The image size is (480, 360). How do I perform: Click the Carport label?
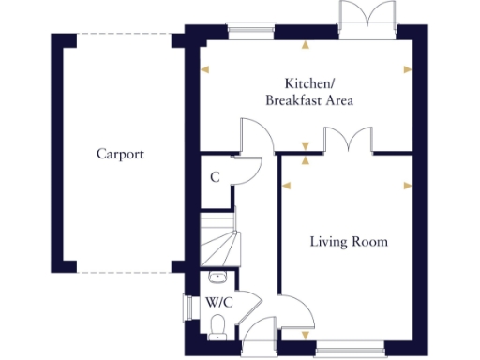pos(120,154)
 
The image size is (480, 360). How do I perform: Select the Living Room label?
pos(349,242)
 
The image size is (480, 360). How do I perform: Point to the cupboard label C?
pos(215,177)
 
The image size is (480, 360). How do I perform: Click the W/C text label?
pos(219,303)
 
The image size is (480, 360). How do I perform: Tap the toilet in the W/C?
pos(218,325)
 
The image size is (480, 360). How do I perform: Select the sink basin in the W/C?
pos(217,277)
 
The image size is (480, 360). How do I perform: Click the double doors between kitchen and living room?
pos(349,141)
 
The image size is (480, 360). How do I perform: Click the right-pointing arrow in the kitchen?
pos(407,69)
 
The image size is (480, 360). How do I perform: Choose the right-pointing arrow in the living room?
pos(407,186)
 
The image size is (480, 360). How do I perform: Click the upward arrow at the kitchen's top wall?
pos(304,44)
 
